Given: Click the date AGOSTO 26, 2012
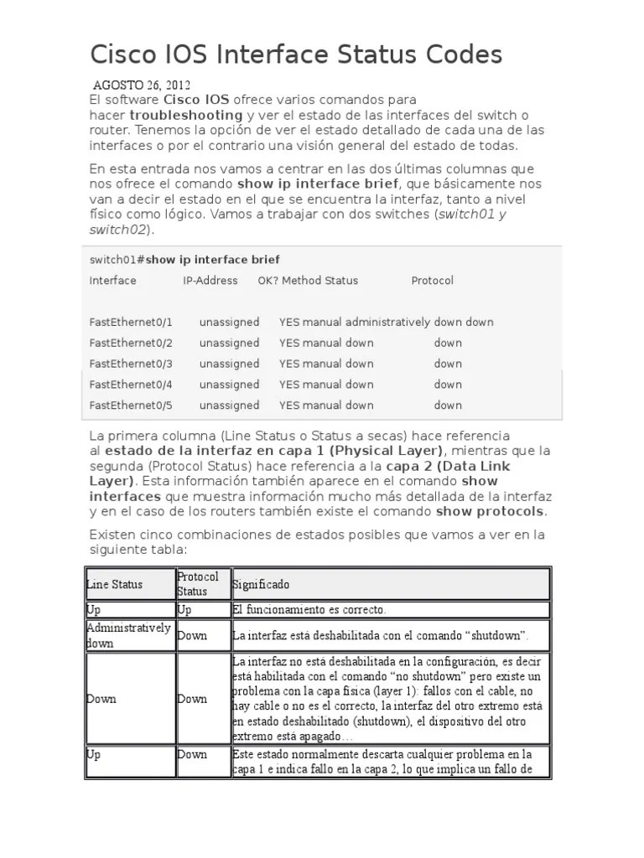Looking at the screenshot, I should click(x=141, y=85).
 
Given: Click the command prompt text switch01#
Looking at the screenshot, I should click(x=117, y=260).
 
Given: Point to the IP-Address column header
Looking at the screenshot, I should click(x=210, y=281).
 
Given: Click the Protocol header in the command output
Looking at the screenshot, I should click(x=432, y=281).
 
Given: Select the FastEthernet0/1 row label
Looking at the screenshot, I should click(x=131, y=322).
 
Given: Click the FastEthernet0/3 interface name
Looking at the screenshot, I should click(x=131, y=364).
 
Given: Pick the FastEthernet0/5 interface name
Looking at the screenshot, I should click(x=131, y=406).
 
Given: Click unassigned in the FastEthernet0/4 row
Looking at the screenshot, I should click(x=229, y=385).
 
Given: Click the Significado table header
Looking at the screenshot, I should click(x=261, y=584).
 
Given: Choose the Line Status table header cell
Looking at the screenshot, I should click(x=115, y=584).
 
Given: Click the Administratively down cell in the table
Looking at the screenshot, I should click(x=128, y=635).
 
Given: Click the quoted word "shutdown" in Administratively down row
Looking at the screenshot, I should click(x=500, y=636).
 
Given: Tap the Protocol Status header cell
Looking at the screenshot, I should click(x=198, y=583).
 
